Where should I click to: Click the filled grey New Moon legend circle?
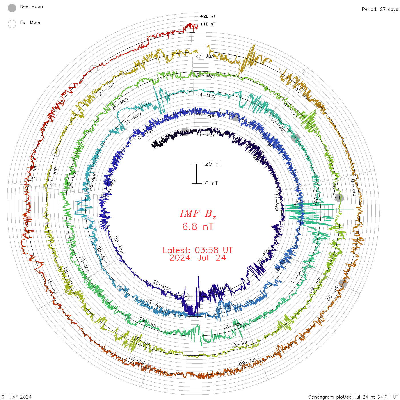[x=12, y=8]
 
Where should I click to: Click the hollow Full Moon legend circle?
[x=12, y=24]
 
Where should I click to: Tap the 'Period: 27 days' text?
[x=380, y=9]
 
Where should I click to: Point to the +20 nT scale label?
[x=208, y=16]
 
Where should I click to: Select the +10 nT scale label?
[x=208, y=24]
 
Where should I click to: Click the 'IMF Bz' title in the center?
[x=198, y=214]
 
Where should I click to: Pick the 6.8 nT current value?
[x=198, y=227]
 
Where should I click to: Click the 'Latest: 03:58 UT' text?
[x=198, y=250]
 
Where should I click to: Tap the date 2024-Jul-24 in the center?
[x=198, y=258]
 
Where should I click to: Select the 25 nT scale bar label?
[x=213, y=164]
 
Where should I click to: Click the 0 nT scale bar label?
[x=211, y=183]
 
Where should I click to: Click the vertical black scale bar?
[x=197, y=174]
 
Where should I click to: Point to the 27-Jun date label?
[x=205, y=56]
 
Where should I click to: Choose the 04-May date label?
[x=206, y=95]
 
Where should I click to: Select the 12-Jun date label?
[x=239, y=344]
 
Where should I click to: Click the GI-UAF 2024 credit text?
[x=16, y=397]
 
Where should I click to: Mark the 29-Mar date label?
[x=119, y=245]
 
